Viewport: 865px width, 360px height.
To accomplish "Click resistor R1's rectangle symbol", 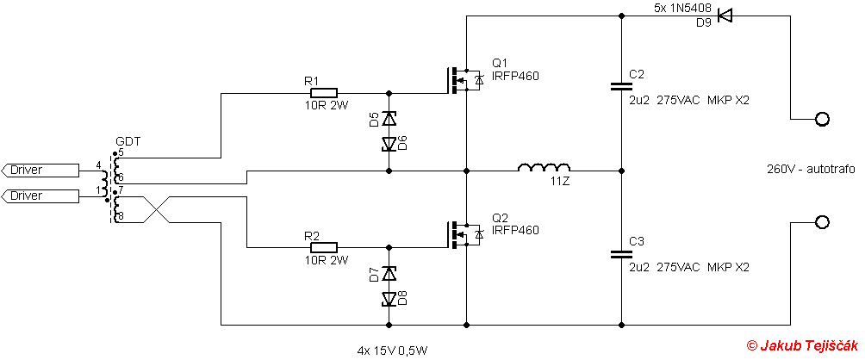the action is point(324,93).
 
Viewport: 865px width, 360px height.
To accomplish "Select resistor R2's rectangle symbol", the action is point(324,247).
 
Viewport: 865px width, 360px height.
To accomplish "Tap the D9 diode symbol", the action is point(725,16).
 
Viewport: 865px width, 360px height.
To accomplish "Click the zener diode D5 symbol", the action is point(389,119).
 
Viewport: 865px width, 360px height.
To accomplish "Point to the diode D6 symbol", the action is point(389,144).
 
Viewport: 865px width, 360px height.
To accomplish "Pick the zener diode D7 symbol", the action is point(389,273).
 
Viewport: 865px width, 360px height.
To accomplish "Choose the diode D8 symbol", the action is point(389,298).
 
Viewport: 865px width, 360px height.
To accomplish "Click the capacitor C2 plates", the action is point(622,85).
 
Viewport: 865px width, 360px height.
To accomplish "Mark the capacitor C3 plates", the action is point(622,253).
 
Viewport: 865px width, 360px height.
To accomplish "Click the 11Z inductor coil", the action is point(544,167).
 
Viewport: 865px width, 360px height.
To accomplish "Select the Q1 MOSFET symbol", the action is point(464,80).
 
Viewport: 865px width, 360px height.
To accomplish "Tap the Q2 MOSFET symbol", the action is point(464,235).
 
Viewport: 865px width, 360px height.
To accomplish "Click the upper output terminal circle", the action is point(822,119).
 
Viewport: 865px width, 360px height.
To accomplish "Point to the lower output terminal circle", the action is point(822,222).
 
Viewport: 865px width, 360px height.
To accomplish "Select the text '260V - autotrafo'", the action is point(811,170).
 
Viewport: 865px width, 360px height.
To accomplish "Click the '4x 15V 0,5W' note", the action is point(392,350).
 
